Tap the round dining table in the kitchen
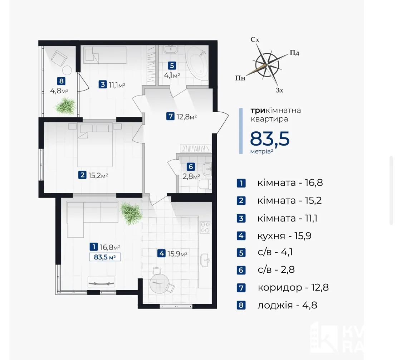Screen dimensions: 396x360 pos(159,283)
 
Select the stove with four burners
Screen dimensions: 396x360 pos(205,227)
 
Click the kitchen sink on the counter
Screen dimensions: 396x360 pos(205,260)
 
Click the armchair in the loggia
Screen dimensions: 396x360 pos(59,58)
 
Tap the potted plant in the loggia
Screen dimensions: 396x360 pos(65,106)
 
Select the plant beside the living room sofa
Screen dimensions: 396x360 pos(131,213)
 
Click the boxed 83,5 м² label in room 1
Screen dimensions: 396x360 pos(105,257)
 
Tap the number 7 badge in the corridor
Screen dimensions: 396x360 pos(171,116)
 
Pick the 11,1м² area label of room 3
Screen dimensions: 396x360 pos(117,84)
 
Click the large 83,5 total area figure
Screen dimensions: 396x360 pos(270,139)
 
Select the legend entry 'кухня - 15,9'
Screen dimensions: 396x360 pos(284,236)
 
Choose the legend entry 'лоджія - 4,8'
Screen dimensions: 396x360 pos(287,305)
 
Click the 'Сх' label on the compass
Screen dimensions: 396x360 pos(255,39)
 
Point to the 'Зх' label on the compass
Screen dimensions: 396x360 pos(279,90)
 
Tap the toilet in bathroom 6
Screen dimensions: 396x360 pos(205,184)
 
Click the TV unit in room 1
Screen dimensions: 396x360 pos(101,282)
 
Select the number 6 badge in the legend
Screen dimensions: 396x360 pos(241,270)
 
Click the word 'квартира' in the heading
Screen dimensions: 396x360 pos(269,119)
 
